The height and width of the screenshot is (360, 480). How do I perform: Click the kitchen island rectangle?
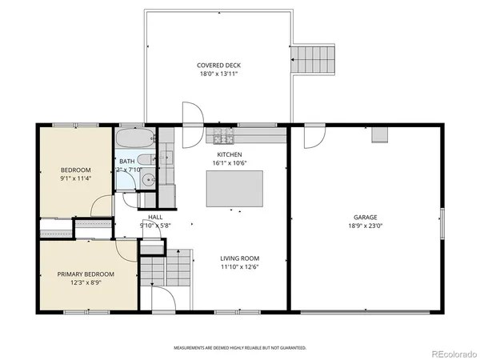click(234, 189)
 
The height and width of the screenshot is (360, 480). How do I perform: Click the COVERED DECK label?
click(218, 65)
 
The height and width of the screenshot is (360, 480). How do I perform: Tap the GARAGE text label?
click(366, 217)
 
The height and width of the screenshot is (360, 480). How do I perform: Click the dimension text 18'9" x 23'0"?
click(366, 226)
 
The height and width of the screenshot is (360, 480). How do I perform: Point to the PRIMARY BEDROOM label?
click(86, 274)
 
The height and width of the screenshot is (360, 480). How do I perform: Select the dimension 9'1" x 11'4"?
click(77, 178)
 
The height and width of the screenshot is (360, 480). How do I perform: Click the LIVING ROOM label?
click(240, 258)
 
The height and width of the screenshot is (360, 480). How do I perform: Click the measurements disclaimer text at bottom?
click(240, 348)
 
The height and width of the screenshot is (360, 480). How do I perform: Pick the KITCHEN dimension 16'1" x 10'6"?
click(230, 163)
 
